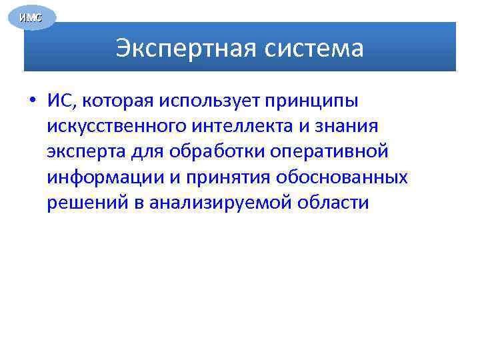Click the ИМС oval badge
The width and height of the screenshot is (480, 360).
(31, 17)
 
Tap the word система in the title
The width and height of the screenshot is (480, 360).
(313, 49)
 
